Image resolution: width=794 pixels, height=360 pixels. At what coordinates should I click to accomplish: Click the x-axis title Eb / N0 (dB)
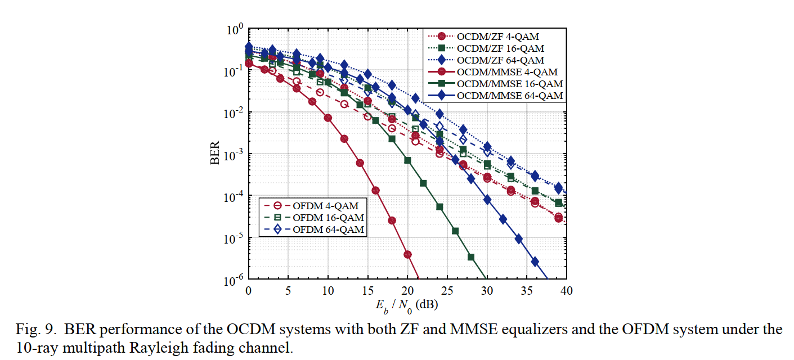tap(407, 305)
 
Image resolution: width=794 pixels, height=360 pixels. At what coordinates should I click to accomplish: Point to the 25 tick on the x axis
tap(447, 291)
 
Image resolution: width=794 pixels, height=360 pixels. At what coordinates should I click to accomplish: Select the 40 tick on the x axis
tap(567, 291)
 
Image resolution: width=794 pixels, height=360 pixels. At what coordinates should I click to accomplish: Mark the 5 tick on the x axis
tap(288, 291)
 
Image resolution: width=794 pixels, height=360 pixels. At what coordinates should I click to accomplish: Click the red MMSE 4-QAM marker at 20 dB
tap(407, 255)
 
